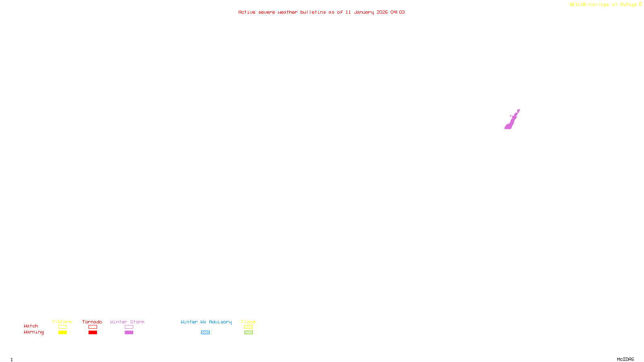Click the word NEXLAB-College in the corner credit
589,5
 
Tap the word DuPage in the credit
628,5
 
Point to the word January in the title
363,12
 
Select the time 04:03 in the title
397,12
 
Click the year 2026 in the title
382,12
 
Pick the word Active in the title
246,12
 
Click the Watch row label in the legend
31,326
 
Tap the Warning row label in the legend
33,332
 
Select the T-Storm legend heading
62,322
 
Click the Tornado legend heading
92,322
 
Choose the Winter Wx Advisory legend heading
206,322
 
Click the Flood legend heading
248,322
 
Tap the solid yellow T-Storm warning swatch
62,333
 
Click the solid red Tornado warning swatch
93,333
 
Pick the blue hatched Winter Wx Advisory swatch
205,333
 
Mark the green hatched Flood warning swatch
248,333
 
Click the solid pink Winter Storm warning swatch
129,333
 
